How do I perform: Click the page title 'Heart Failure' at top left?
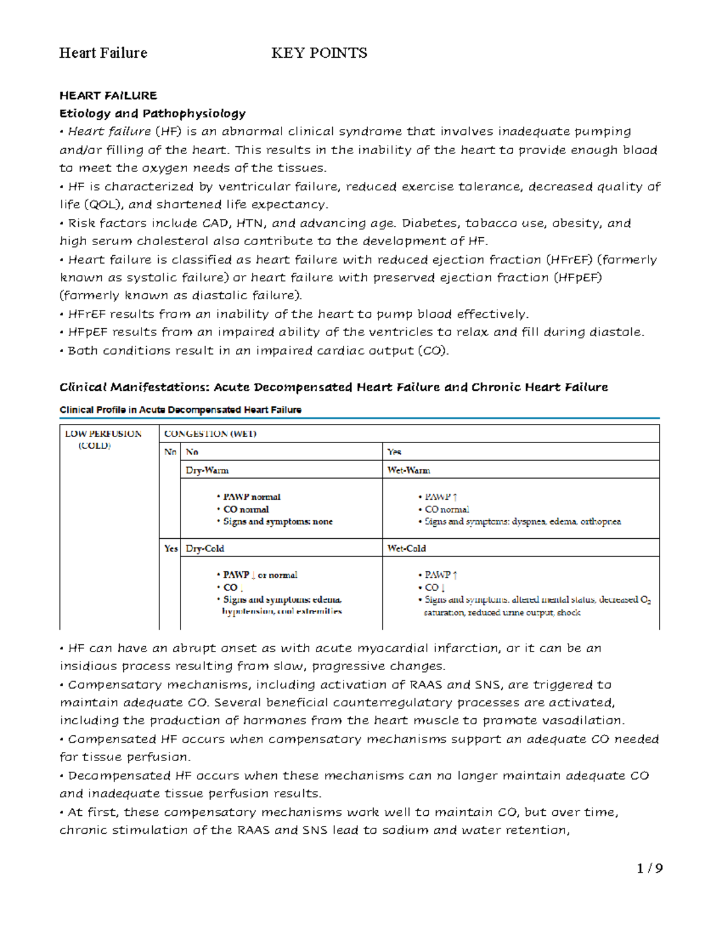coord(103,53)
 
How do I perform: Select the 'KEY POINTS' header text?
coord(319,53)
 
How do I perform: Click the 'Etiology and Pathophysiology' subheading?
coord(152,113)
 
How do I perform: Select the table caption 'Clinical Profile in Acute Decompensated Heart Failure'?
coord(180,410)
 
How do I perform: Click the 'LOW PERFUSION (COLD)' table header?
coord(103,440)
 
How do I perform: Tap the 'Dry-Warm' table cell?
coord(207,470)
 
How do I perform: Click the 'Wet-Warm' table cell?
coord(409,470)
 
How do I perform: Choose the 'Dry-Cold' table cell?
coord(205,548)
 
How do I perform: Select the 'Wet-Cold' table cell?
coord(407,548)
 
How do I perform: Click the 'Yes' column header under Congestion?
coord(394,452)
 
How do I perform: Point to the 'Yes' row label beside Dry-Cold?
coord(171,548)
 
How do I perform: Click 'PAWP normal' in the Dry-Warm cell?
coord(251,497)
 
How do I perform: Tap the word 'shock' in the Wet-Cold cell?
coord(569,612)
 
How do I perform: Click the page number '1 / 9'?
coord(650,868)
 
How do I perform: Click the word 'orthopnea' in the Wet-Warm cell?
coord(600,521)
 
